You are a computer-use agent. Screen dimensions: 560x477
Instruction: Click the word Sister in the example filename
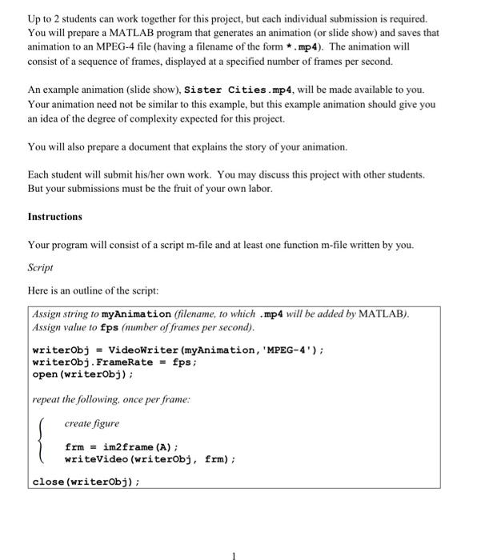(203, 89)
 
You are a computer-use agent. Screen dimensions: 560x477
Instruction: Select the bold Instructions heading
(54, 217)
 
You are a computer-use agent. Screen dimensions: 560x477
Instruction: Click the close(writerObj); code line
(86, 482)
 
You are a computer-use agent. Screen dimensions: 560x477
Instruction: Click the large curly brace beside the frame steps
(42, 441)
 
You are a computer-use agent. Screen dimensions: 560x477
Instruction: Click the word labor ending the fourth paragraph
(259, 189)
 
